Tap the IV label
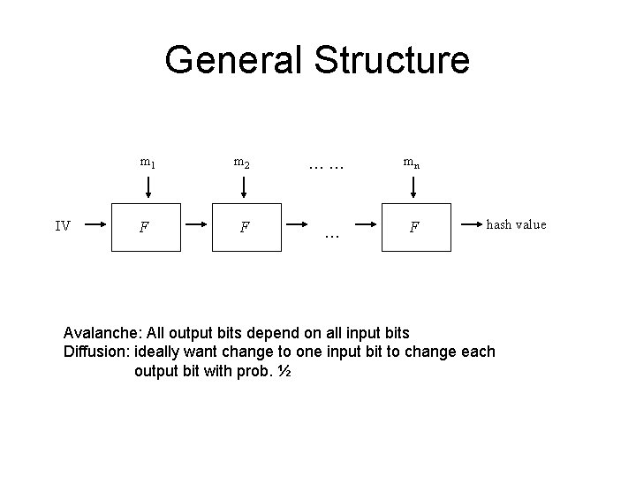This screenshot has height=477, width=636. pyautogui.click(x=63, y=226)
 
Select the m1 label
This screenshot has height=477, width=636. pyautogui.click(x=148, y=163)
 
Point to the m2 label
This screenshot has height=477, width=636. pyautogui.click(x=241, y=163)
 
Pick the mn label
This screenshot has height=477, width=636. pyautogui.click(x=412, y=163)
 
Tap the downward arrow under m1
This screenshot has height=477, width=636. pyautogui.click(x=148, y=186)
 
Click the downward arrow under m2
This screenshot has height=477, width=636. pyautogui.click(x=242, y=186)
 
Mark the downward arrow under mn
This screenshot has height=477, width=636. pyautogui.click(x=413, y=186)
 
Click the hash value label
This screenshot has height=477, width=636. pyautogui.click(x=516, y=224)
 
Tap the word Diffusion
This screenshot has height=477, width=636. pyautogui.click(x=96, y=352)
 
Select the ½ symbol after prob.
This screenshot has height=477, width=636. pyautogui.click(x=284, y=371)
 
